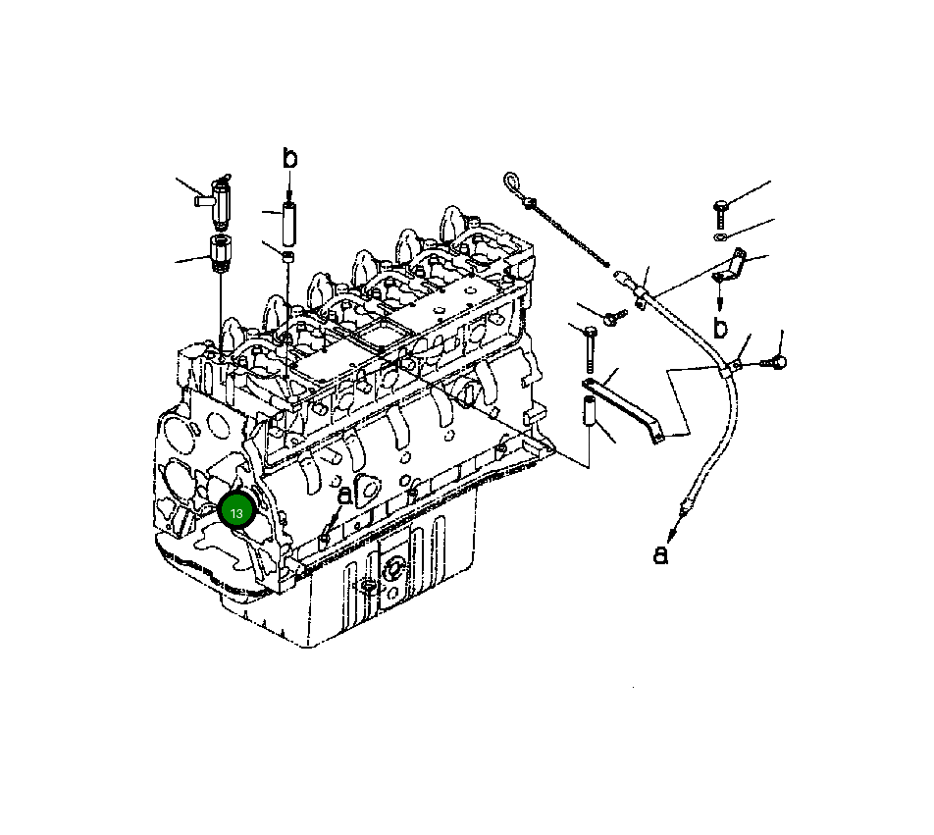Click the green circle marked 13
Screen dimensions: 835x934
pyautogui.click(x=236, y=512)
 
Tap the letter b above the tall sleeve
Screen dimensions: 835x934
pyautogui.click(x=289, y=159)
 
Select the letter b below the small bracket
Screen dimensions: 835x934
pyautogui.click(x=721, y=327)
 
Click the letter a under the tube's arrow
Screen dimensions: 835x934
pyautogui.click(x=661, y=554)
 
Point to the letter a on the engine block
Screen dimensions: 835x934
pyautogui.click(x=344, y=496)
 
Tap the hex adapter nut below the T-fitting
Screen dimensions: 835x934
pyautogui.click(x=220, y=253)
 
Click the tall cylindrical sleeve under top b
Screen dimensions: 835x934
pyautogui.click(x=289, y=224)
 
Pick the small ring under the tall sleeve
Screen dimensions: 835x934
pyautogui.click(x=289, y=257)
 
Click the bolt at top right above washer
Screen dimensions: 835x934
pyautogui.click(x=722, y=208)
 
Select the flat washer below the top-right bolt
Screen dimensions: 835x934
pyautogui.click(x=721, y=236)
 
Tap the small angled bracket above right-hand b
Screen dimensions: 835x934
pyautogui.click(x=731, y=265)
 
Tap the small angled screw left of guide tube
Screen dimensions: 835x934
pyautogui.click(x=614, y=316)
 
